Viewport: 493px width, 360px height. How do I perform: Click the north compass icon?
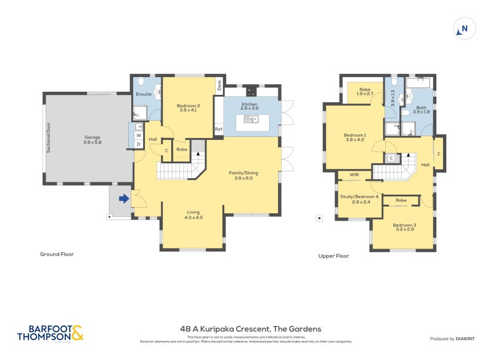click(x=464, y=28)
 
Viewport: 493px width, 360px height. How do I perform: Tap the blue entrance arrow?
click(x=123, y=198)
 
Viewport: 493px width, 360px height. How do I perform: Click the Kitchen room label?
click(x=249, y=106)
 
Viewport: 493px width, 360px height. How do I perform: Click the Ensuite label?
click(x=144, y=94)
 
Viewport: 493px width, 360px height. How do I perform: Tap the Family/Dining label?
click(x=243, y=176)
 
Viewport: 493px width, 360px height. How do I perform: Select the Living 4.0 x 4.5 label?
click(x=194, y=215)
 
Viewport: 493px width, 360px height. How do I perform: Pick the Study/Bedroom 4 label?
click(x=359, y=198)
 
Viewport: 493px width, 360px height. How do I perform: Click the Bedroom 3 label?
click(x=405, y=227)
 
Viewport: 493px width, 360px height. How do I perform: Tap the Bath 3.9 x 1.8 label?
click(x=422, y=110)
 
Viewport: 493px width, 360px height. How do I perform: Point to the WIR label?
click(x=354, y=175)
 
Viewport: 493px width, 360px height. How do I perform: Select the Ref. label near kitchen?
click(x=218, y=129)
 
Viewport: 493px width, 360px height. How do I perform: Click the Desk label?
click(x=219, y=86)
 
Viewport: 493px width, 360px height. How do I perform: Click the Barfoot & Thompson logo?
click(x=50, y=333)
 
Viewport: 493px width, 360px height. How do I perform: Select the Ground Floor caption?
click(x=57, y=254)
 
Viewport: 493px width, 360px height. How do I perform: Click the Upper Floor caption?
click(x=333, y=255)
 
